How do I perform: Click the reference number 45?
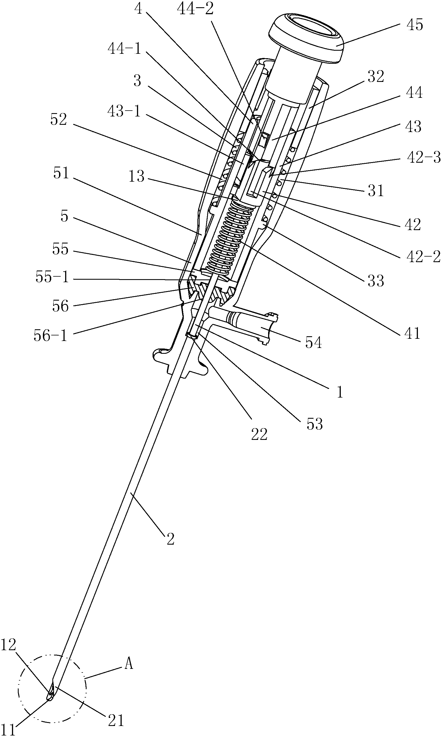pyautogui.click(x=415, y=25)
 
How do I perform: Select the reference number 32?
pyautogui.click(x=376, y=76)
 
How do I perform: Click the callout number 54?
pyautogui.click(x=313, y=342)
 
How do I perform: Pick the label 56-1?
pyautogui.click(x=50, y=336)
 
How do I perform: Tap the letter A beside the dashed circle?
pyautogui.click(x=128, y=664)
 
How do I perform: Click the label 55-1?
pyautogui.click(x=52, y=277)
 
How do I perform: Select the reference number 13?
pyautogui.click(x=136, y=176)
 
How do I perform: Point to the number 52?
pyautogui.click(x=58, y=120)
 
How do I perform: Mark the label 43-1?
pyautogui.click(x=124, y=112)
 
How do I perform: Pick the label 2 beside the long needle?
pyautogui.click(x=170, y=539)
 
